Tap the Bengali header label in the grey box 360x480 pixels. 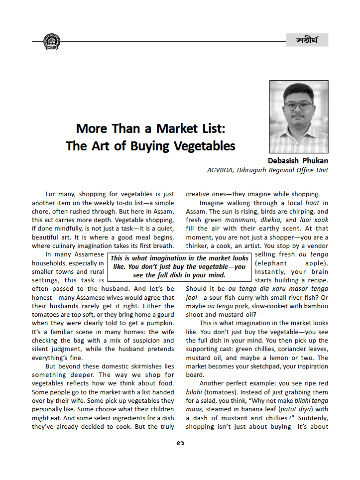(307, 40)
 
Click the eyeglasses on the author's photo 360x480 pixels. (299, 106)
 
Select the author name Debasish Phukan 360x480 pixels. (298, 161)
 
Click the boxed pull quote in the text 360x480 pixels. (179, 266)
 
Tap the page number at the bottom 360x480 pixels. (180, 443)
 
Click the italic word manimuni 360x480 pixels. (237, 220)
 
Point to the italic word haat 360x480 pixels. (312, 203)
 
